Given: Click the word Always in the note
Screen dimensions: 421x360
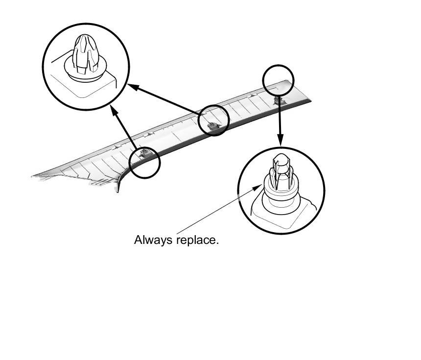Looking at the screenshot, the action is click(148, 240).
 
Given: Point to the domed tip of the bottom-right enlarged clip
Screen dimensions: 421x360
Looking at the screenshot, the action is click(281, 159).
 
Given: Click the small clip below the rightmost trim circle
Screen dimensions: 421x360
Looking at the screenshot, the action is click(278, 100).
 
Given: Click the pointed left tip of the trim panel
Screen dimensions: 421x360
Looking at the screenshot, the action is click(33, 175).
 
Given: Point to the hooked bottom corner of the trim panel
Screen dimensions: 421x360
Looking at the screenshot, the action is click(117, 189).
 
